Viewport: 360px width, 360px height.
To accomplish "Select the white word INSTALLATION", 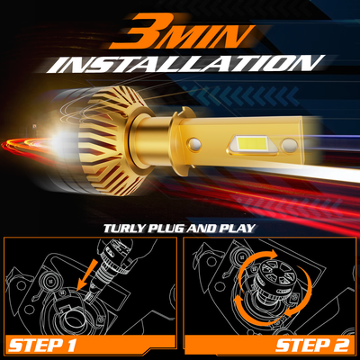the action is coord(185,64).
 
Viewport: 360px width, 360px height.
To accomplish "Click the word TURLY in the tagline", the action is coord(124,229).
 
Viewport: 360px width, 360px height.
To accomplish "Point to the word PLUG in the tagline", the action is coord(166,229).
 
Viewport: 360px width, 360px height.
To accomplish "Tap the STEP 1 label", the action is coord(41,346).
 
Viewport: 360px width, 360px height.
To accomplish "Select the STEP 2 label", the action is coord(312,346).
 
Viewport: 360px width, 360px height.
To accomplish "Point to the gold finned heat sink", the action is coord(112,141).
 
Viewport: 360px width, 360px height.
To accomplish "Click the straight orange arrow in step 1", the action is coord(87,275).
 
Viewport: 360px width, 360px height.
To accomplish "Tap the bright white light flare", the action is coord(61,140).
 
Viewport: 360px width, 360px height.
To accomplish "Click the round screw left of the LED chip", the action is coord(194,144).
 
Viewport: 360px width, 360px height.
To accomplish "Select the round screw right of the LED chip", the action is coord(289,145).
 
